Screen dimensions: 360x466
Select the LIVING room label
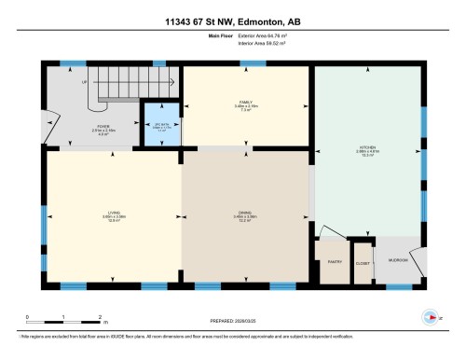click(112, 216)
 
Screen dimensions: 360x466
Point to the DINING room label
click(244, 215)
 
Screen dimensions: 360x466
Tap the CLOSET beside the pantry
click(363, 264)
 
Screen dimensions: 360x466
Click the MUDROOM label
click(399, 260)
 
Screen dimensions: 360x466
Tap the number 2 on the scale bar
click(100, 316)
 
